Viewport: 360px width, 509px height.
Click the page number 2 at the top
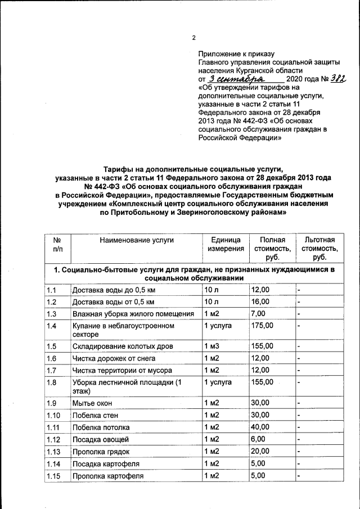click(193, 38)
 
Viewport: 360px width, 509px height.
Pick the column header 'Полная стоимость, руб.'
click(272, 248)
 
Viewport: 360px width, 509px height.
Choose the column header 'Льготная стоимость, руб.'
click(319, 248)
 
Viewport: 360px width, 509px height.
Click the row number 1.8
click(52, 382)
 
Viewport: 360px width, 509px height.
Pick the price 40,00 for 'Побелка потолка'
click(260, 428)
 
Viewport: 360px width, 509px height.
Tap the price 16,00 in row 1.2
click(260, 301)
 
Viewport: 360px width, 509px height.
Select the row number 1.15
click(54, 476)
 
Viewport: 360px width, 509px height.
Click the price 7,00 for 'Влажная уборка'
click(258, 313)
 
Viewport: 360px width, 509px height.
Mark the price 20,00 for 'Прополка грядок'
click(260, 452)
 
